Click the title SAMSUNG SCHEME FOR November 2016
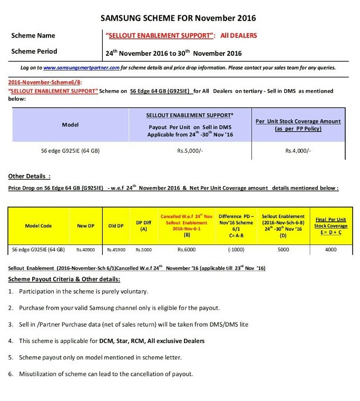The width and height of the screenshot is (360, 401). click(178, 18)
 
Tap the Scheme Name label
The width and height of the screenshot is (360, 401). click(34, 36)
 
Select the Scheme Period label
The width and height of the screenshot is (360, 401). click(34, 52)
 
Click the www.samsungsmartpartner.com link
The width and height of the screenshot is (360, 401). click(81, 68)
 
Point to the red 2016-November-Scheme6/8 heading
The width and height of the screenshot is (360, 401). click(45, 83)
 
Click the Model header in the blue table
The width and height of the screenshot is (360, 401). click(70, 125)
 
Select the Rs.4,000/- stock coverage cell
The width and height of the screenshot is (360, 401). click(298, 151)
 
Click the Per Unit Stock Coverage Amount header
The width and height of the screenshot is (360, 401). click(298, 125)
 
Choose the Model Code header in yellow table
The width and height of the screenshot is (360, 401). click(38, 226)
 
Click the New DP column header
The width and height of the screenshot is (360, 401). click(85, 226)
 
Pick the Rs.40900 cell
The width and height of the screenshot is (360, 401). click(85, 249)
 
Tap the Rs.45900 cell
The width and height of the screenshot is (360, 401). click(115, 249)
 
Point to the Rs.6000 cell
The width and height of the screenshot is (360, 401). click(186, 249)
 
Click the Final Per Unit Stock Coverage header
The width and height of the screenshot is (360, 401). click(330, 226)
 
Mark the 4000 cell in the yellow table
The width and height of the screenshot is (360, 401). click(330, 249)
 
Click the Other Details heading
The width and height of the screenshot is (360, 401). click(30, 176)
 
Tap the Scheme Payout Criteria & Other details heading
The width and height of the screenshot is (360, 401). click(64, 279)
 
